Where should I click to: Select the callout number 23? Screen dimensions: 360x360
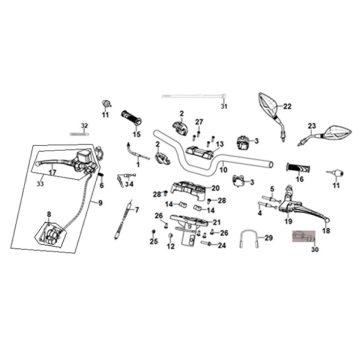(312, 127)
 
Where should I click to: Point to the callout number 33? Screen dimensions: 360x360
(41, 184)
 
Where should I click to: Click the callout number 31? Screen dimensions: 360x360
(224, 106)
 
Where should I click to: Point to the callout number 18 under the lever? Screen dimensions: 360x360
(324, 229)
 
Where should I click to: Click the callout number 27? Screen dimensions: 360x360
(200, 121)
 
